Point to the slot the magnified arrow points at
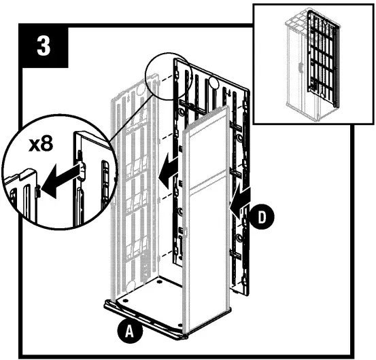tap(37, 192)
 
